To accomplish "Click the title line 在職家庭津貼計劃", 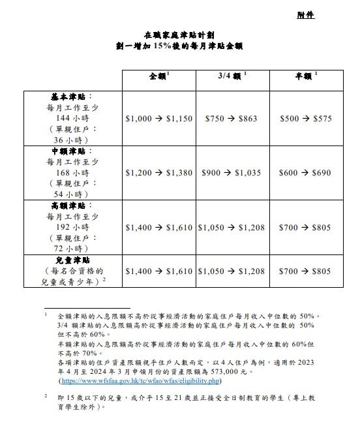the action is point(181,35).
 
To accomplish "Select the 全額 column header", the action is point(158,76).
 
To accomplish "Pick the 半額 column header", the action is point(305,76).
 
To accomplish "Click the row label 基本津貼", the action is point(72,97).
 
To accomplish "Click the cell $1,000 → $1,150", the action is point(158,119).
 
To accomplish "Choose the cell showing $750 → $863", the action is point(232,119).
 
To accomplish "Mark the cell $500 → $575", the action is point(305,119).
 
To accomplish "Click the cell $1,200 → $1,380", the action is point(158,174).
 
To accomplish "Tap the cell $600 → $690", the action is point(305,174).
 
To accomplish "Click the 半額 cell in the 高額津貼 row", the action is point(305,228).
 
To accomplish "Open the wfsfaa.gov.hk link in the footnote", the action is point(140,380).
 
